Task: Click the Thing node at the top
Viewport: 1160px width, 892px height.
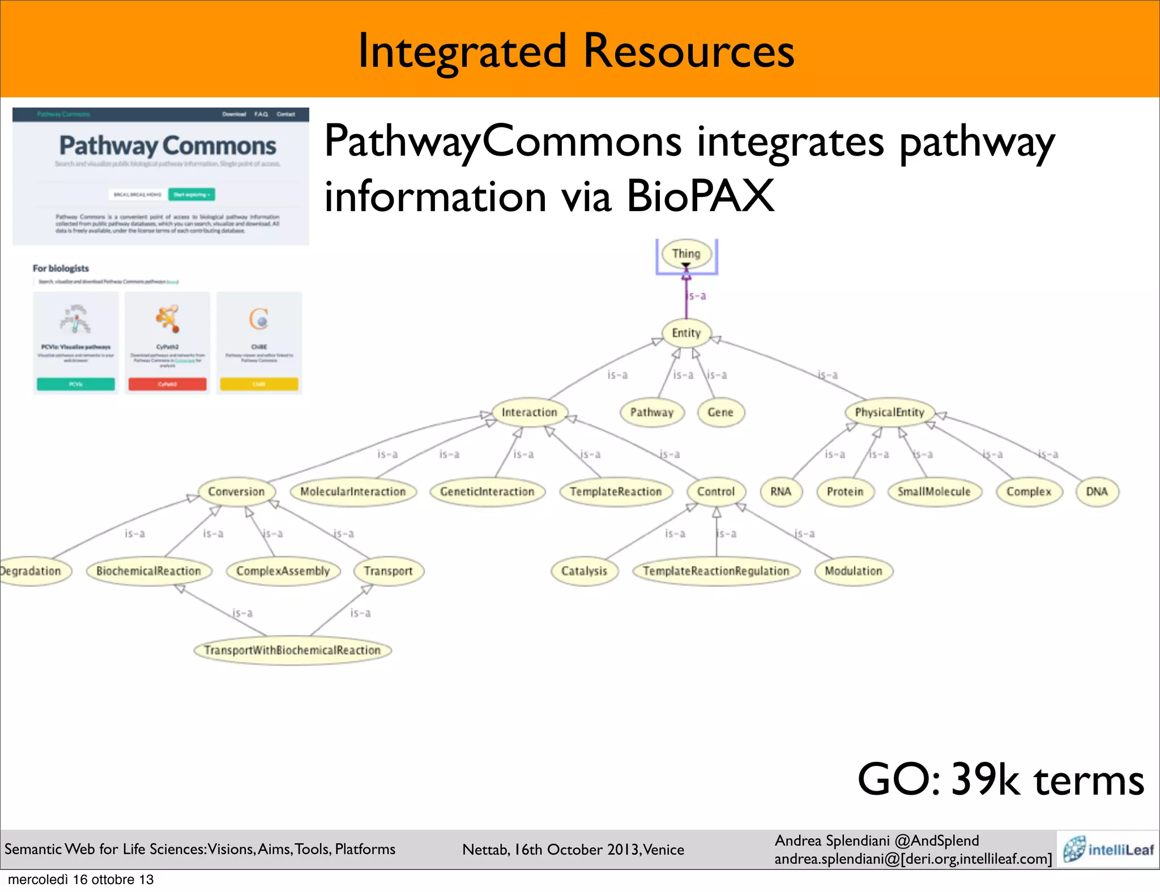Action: (686, 254)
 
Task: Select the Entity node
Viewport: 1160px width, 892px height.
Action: (686, 333)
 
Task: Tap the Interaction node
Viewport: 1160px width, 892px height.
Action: (529, 412)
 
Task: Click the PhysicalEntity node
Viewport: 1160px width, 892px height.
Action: (889, 412)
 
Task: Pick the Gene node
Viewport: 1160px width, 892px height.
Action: (720, 412)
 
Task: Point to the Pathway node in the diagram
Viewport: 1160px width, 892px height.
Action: (651, 412)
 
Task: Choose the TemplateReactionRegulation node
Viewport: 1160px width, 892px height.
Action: (715, 571)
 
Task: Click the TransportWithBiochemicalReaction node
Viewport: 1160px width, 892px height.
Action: (292, 650)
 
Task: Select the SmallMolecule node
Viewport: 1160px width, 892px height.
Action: (933, 491)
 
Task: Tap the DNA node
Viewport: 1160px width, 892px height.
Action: (1097, 491)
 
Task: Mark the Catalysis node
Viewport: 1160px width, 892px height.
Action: (584, 571)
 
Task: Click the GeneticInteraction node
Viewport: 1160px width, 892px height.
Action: (487, 491)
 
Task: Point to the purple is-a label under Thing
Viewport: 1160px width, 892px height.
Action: (697, 295)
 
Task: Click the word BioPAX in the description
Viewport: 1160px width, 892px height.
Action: (700, 196)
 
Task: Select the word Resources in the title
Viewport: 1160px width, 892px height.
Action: (688, 51)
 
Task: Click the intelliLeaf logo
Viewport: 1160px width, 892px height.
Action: (1108, 849)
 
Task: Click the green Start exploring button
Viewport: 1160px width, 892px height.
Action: (191, 194)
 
